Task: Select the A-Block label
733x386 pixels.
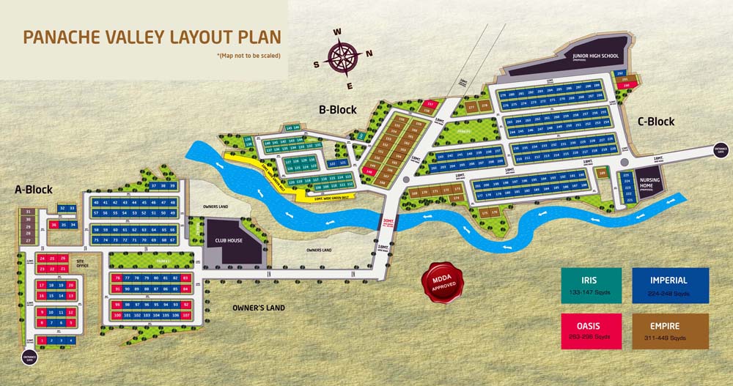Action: point(34,190)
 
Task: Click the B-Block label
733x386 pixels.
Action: point(337,110)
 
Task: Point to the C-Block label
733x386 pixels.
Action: point(655,122)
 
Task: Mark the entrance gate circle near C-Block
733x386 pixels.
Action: point(721,150)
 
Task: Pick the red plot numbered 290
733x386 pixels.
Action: point(626,86)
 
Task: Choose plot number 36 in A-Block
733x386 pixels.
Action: point(54,225)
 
